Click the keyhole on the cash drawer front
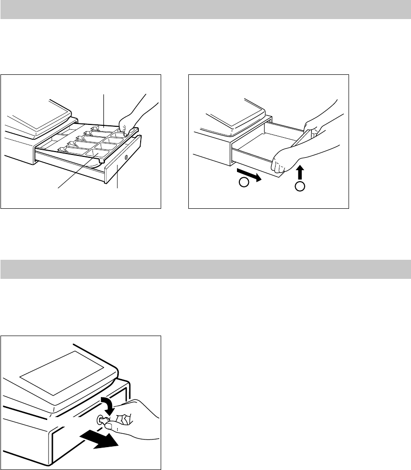pyautogui.click(x=126, y=157)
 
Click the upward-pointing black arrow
pyautogui.click(x=299, y=172)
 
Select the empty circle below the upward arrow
pyautogui.click(x=299, y=186)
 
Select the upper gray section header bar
pyautogui.click(x=205, y=10)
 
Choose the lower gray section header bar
pyautogui.click(x=205, y=269)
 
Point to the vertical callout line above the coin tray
pyautogui.click(x=104, y=110)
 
